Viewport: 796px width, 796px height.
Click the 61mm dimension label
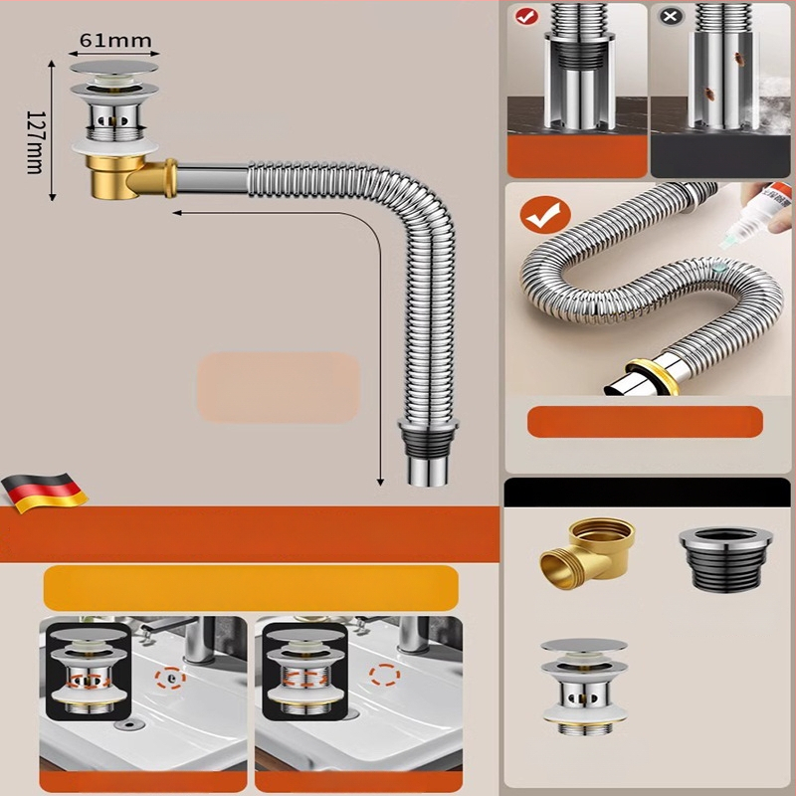point(115,41)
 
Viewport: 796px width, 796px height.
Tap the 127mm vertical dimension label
point(35,142)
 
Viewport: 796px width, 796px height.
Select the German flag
point(45,493)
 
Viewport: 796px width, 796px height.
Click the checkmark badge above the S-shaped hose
point(544,215)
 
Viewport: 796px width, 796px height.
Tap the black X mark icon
point(670,16)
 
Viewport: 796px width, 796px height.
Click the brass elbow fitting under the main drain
point(132,177)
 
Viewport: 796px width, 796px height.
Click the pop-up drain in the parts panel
point(584,687)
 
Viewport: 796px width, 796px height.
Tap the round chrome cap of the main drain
point(113,67)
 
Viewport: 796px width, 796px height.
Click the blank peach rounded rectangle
point(279,388)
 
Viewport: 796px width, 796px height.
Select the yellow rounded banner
point(251,588)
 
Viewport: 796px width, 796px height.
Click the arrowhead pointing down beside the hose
point(380,483)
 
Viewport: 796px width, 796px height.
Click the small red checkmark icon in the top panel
point(527,16)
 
